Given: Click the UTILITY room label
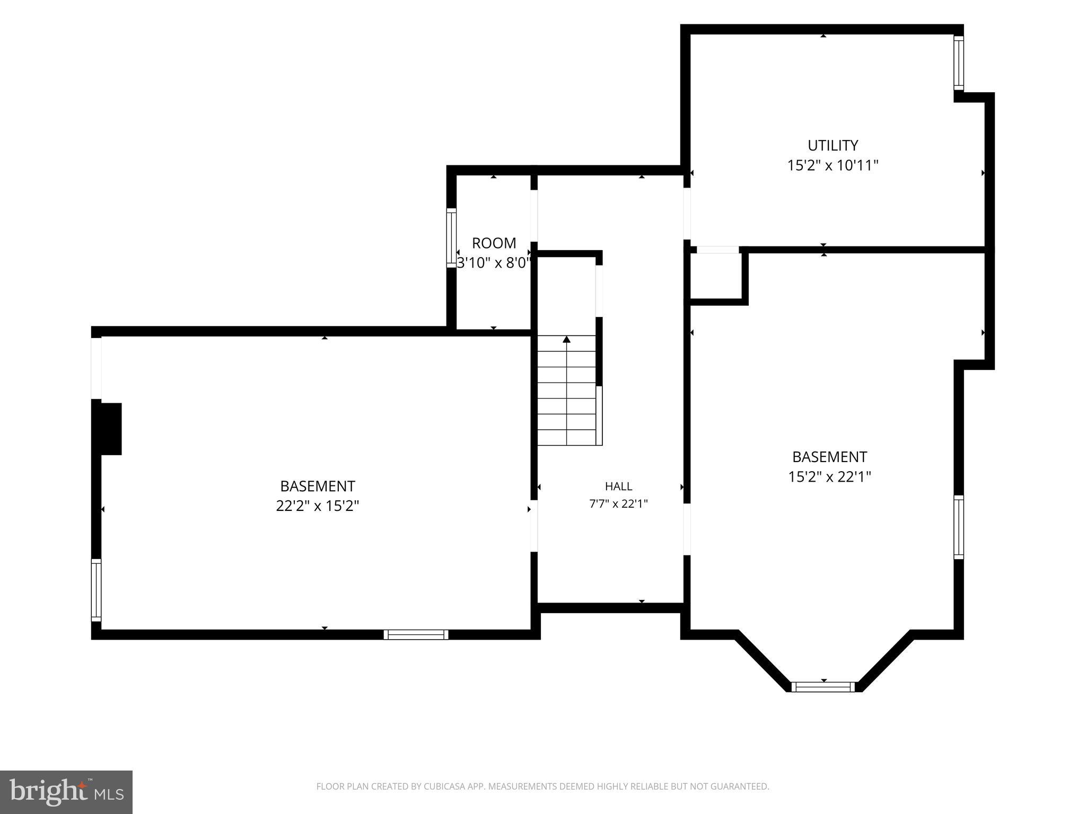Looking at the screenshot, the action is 833,145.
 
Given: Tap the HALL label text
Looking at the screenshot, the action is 618,486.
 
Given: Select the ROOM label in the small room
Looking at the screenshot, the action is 494,243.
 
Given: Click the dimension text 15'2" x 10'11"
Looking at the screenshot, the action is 833,166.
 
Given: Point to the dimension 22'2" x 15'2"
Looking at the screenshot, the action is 318,506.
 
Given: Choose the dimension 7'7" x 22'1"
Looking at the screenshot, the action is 618,504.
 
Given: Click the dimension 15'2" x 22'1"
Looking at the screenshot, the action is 830,477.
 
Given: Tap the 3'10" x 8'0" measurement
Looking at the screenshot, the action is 494,263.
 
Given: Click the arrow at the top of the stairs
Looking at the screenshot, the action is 567,340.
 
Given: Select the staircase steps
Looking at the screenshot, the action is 567,390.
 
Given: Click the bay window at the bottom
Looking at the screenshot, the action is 824,687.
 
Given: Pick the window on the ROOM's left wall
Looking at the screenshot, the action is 451,238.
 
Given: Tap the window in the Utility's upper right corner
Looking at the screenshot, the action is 959,63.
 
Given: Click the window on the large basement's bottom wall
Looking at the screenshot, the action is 416,634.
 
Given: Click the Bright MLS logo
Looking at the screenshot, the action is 66,792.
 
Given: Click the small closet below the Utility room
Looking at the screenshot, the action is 716,276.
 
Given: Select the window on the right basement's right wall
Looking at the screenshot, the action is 959,527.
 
